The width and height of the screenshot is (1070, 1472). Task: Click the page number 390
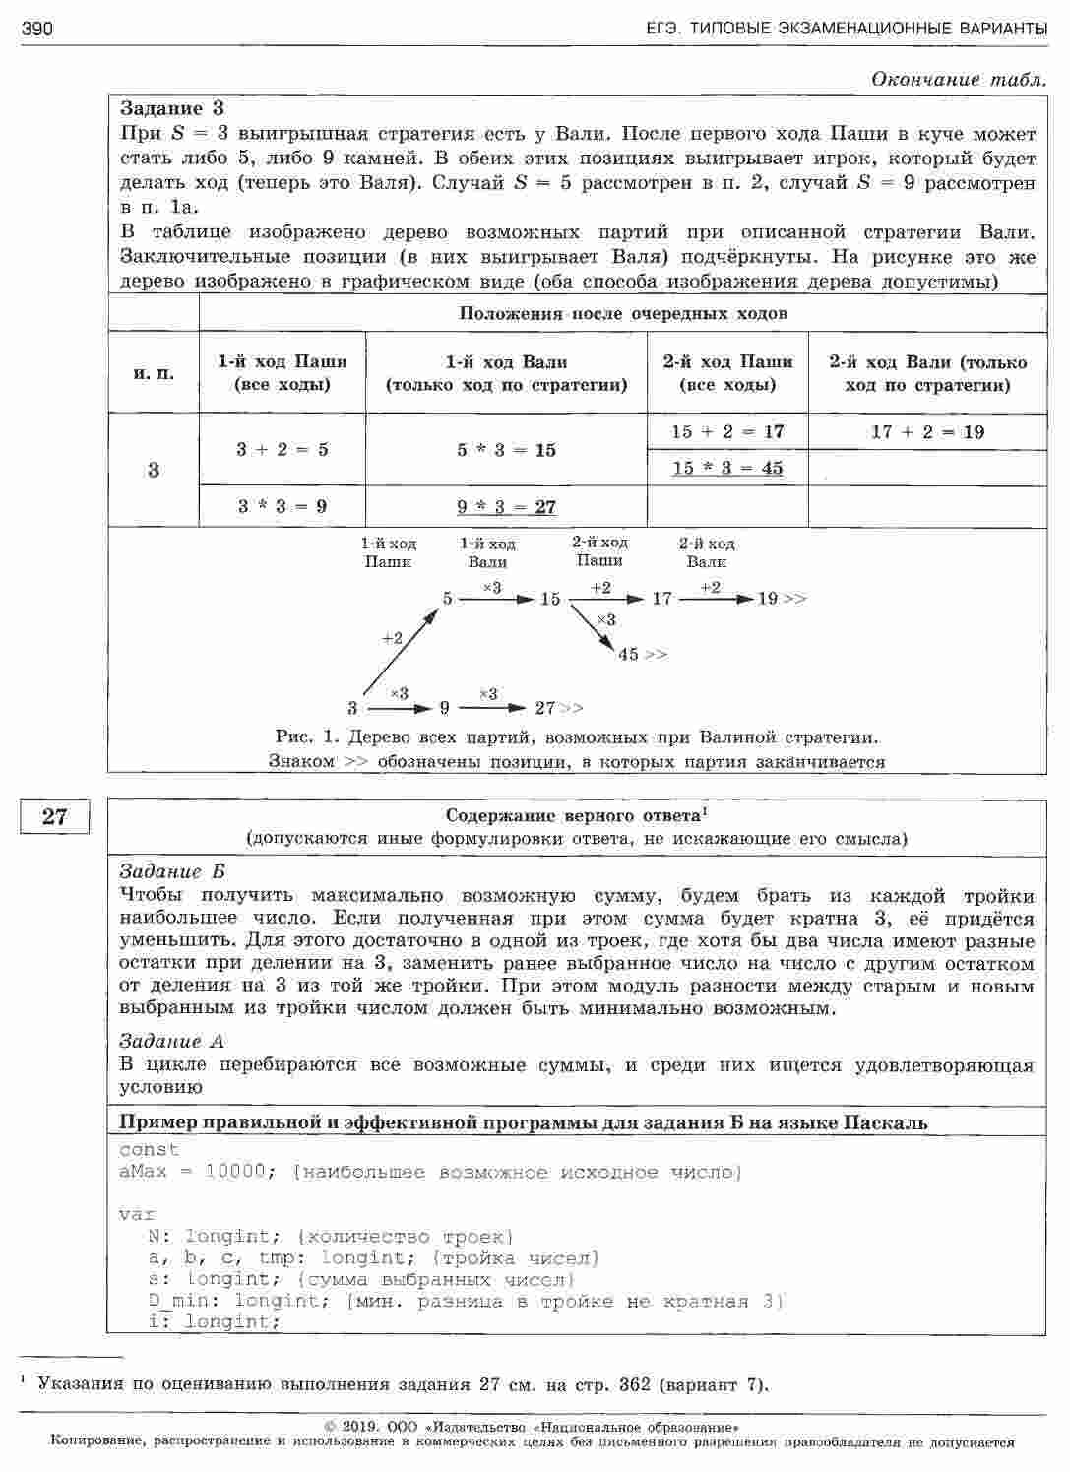[x=36, y=30]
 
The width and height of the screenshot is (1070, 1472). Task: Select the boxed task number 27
[x=55, y=816]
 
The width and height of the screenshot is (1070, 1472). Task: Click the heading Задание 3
[x=172, y=108]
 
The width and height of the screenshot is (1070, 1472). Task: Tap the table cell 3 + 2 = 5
[x=282, y=450]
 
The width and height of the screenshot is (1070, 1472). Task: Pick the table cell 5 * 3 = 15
[x=506, y=450]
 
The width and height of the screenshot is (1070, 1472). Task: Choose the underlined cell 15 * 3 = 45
[x=727, y=469]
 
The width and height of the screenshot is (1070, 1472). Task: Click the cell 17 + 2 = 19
[x=927, y=432]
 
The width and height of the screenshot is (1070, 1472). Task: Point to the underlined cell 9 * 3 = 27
[x=506, y=507]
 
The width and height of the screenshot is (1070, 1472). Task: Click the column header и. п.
[x=154, y=373]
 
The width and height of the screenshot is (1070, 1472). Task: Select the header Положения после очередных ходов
[x=622, y=314]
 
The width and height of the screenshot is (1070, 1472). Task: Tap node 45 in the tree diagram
[x=629, y=654]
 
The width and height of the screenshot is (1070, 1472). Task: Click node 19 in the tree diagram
[x=768, y=598]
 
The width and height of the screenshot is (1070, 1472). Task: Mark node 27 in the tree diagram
[x=545, y=708]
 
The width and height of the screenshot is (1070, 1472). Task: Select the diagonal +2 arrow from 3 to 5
[x=400, y=653]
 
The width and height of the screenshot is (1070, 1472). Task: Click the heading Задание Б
[x=172, y=871]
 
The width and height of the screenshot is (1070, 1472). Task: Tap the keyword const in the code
[x=149, y=1149]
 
